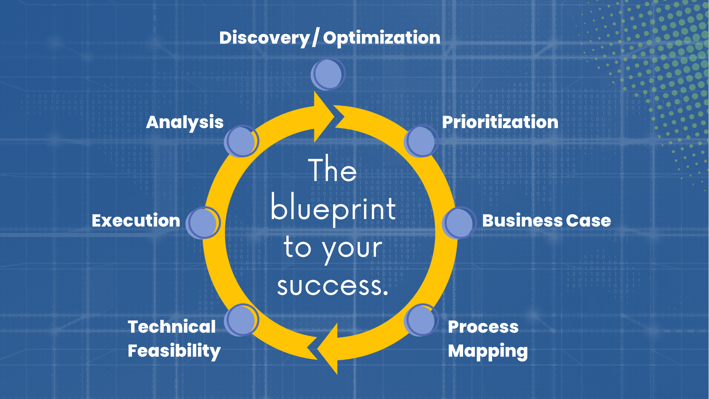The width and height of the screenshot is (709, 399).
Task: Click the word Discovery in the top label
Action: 265,38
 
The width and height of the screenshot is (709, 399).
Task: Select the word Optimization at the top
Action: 381,38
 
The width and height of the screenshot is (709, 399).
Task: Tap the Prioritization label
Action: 500,122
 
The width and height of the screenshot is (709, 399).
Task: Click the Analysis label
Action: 185,122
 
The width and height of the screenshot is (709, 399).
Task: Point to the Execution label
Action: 136,221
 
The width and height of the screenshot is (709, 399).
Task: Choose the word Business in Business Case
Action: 522,221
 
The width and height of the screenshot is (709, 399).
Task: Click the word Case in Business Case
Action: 588,221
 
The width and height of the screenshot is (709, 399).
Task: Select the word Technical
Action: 172,327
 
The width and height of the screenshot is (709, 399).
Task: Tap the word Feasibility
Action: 174,351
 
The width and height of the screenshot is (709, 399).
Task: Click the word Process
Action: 483,327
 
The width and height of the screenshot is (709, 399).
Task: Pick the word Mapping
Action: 488,351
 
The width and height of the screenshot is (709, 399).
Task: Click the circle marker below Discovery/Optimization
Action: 328,74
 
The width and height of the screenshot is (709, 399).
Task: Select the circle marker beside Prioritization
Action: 421,141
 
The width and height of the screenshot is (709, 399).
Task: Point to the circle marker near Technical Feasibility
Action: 241,320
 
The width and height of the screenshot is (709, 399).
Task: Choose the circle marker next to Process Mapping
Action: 421,320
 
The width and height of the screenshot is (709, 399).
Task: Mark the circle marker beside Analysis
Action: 241,141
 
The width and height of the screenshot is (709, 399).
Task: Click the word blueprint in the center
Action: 333,209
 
